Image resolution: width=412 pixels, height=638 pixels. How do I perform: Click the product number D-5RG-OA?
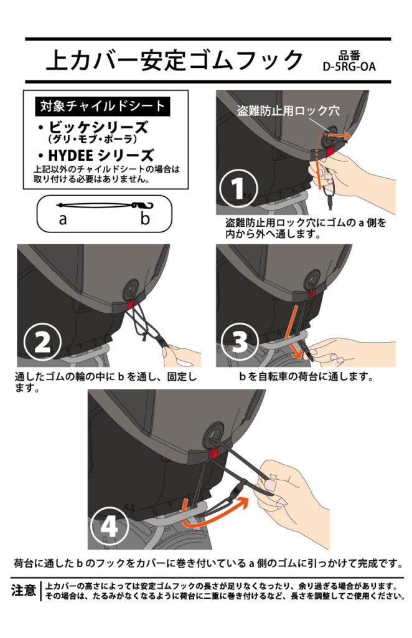click(x=349, y=67)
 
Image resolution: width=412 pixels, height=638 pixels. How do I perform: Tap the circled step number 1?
click(x=238, y=188)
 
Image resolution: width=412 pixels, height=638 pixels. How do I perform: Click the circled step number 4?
click(x=109, y=526)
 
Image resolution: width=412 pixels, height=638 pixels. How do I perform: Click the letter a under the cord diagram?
click(x=63, y=219)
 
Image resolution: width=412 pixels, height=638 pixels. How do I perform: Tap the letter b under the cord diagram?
click(x=145, y=218)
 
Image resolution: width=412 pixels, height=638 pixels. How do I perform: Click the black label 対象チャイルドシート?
click(x=103, y=106)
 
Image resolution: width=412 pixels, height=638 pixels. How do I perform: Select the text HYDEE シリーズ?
click(x=101, y=155)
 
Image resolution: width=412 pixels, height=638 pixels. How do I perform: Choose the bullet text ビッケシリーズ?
click(x=98, y=127)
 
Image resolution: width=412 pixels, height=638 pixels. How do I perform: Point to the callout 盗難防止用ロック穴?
click(x=289, y=111)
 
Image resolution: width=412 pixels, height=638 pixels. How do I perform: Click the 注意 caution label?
click(x=24, y=590)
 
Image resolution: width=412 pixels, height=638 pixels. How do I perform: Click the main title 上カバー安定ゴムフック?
click(x=175, y=60)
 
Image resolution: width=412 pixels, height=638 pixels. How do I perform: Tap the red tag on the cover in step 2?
click(x=131, y=305)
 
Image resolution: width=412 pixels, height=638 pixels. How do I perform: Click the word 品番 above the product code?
click(x=349, y=55)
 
